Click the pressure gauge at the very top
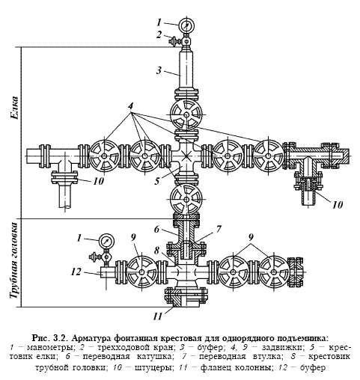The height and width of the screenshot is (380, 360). point(187,25)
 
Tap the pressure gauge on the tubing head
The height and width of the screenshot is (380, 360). point(106,242)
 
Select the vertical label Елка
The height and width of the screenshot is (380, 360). point(14,108)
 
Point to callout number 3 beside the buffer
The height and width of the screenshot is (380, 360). point(159,70)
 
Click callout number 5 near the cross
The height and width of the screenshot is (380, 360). point(156,181)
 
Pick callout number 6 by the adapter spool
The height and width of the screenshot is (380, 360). point(156,230)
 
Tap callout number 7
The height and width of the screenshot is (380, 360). point(219,229)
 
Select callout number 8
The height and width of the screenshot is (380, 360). point(156,251)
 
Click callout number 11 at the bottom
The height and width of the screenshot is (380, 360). point(158,316)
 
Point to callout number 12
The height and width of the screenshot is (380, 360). point(76,272)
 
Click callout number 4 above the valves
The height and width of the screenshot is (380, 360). point(130,106)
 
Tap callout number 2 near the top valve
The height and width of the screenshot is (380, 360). point(159,34)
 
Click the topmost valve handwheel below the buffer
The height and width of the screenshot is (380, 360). point(186,114)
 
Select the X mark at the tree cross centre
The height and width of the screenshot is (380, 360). point(186,156)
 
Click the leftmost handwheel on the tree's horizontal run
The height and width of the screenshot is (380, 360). point(104,156)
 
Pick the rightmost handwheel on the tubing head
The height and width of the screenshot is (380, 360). point(274,272)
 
